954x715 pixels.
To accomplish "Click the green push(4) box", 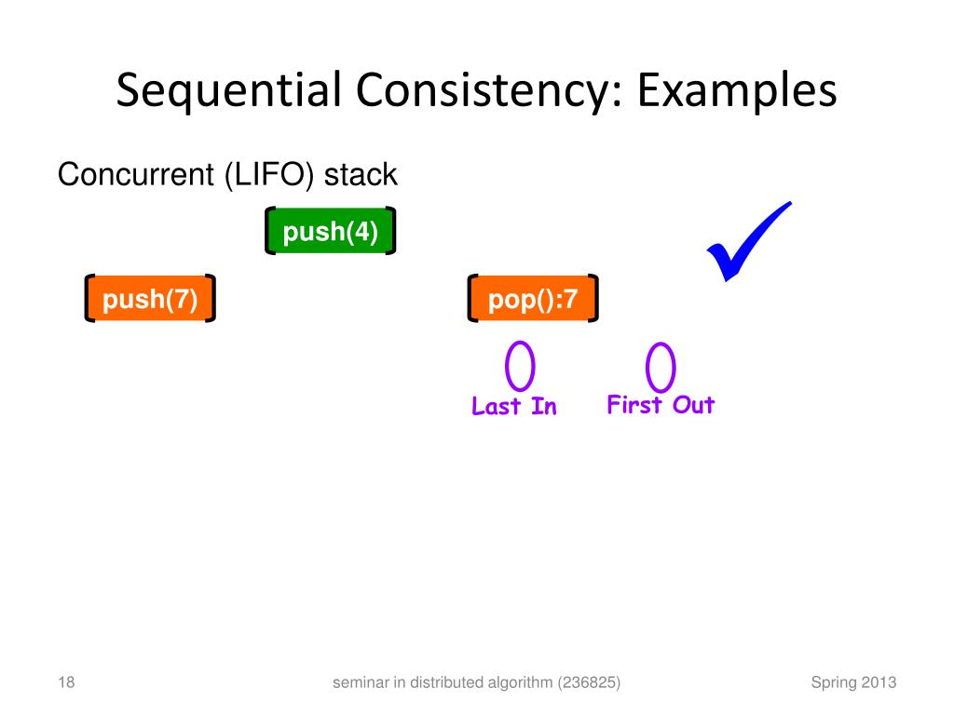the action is click(331, 232).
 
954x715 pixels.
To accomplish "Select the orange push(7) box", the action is click(150, 299).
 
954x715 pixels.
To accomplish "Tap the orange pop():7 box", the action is click(533, 299).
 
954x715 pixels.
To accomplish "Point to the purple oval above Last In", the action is click(520, 366).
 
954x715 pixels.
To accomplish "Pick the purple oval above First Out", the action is click(661, 367).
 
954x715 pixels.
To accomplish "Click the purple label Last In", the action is click(514, 407).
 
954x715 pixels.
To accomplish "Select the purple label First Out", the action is click(661, 405).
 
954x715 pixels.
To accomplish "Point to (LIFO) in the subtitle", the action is click(269, 174).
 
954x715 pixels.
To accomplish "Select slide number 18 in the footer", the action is click(65, 683).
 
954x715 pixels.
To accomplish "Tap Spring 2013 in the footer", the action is click(853, 683).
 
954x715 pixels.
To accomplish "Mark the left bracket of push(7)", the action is click(89, 298).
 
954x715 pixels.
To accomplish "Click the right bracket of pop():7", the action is click(593, 298).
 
